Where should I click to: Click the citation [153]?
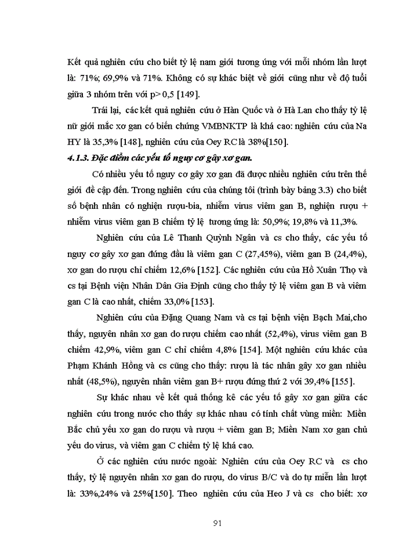(202, 301)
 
